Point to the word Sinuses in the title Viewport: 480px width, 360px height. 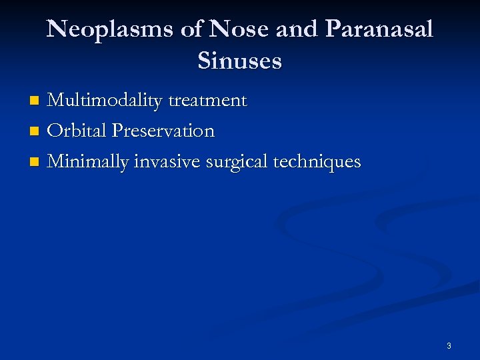240,61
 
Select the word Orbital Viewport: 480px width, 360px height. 77,131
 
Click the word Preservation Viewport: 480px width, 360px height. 163,131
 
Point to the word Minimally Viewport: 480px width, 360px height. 89,162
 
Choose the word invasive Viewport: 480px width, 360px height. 169,162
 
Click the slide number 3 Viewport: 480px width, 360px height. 449,346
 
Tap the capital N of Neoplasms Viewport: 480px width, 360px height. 57,30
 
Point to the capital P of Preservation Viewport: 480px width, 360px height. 119,131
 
